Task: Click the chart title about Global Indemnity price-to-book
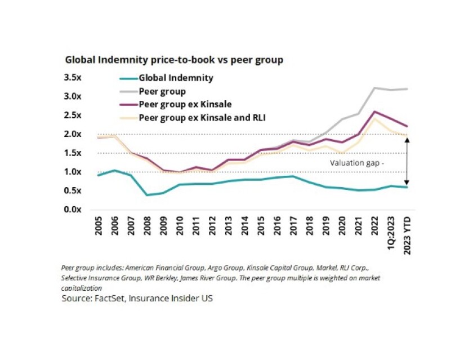(174, 59)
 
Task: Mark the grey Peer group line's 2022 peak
(374, 88)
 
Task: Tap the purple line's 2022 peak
(374, 112)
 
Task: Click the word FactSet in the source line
(109, 298)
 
